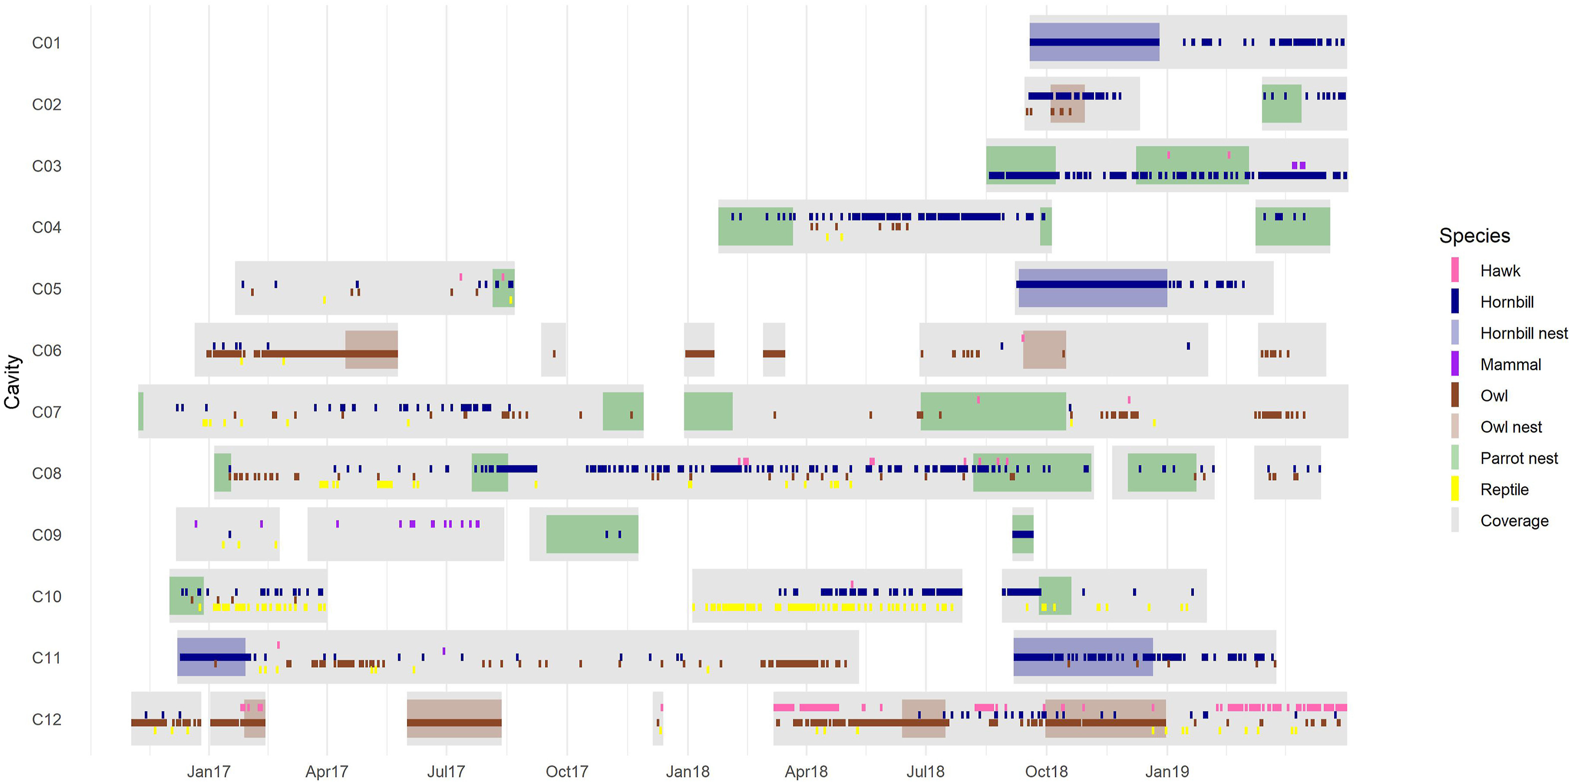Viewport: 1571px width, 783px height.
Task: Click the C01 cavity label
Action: [46, 43]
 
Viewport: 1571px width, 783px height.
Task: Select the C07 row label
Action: [46, 412]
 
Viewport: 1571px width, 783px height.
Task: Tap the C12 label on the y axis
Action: [46, 720]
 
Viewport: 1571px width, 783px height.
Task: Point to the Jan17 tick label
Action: [209, 772]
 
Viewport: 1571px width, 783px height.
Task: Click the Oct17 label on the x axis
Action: [567, 772]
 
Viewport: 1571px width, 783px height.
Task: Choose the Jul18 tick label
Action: [925, 772]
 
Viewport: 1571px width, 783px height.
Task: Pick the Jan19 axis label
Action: [1167, 772]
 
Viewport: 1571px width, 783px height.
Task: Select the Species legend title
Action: [1474, 235]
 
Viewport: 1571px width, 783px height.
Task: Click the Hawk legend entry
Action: [1500, 271]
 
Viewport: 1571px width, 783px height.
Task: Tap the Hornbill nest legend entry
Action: [1523, 333]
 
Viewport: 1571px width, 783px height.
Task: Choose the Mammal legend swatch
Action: [1455, 364]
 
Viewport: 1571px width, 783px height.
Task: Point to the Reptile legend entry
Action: [1504, 490]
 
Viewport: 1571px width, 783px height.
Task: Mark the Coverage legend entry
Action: [1514, 521]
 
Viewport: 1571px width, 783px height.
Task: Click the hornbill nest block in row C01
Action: [1094, 30]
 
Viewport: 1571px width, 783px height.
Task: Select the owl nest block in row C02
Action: [1067, 104]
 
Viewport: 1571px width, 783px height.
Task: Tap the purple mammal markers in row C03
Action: [1299, 165]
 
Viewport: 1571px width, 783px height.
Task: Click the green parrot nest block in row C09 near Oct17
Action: [592, 534]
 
